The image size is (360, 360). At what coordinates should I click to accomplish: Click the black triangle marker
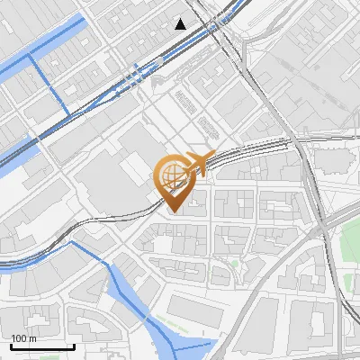coord(182,23)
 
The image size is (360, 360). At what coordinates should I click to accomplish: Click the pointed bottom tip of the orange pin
coord(172,211)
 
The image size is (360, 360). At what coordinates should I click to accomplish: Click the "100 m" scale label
coord(23,338)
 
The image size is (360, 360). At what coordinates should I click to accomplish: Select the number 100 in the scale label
coord(19,338)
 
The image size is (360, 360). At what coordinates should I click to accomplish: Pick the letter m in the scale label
coord(32,338)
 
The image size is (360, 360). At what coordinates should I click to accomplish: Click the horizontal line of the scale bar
coord(41,346)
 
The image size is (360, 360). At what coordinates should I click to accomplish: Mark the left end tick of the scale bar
coord(10,345)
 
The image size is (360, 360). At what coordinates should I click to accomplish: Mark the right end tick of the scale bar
coord(74,345)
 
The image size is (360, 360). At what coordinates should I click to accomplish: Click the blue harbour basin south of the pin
coord(135,288)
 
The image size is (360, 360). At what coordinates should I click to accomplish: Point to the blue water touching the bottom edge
coord(184,351)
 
